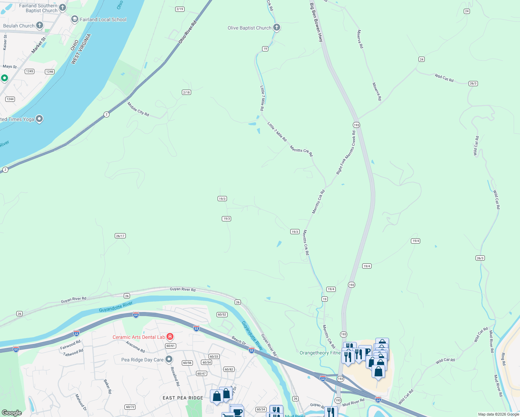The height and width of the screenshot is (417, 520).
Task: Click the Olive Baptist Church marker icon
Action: click(x=277, y=27)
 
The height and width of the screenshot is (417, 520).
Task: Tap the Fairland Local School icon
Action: click(x=74, y=19)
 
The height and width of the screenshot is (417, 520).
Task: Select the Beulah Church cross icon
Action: click(x=40, y=25)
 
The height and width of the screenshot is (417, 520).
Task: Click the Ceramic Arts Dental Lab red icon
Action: click(x=170, y=337)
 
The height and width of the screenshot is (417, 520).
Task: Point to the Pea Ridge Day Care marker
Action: click(x=169, y=359)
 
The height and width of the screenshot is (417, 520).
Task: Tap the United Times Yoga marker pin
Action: click(x=39, y=119)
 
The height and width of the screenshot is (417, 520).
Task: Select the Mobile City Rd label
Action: click(x=138, y=109)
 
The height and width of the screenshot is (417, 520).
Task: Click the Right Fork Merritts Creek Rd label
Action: click(x=346, y=153)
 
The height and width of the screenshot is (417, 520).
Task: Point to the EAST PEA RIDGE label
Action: click(x=183, y=398)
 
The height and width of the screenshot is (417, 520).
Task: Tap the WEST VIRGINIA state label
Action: click(x=81, y=49)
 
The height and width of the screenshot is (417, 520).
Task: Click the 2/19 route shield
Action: click(x=180, y=9)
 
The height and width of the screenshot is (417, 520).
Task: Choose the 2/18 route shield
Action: click(x=186, y=92)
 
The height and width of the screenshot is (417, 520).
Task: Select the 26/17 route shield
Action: click(x=120, y=236)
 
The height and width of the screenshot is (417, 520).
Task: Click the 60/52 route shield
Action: click(x=222, y=314)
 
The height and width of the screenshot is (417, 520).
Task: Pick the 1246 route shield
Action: click(x=50, y=72)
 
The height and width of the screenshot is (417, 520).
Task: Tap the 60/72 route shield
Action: click(x=130, y=407)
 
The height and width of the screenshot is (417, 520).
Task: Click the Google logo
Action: click(x=11, y=412)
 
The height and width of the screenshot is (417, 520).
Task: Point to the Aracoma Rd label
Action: click(x=135, y=347)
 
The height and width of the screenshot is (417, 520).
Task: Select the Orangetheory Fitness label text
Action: click(x=320, y=353)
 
